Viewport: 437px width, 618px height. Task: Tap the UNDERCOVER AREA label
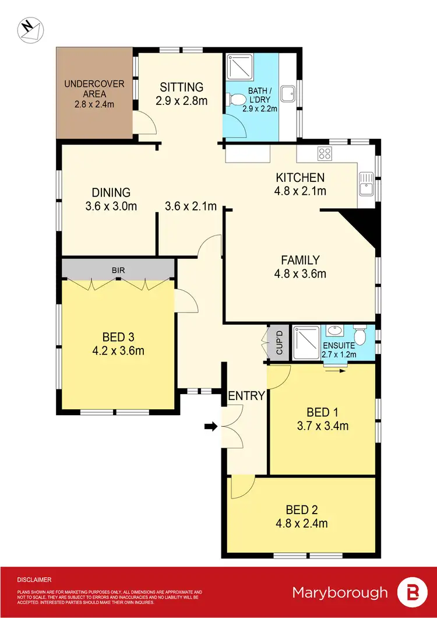[94, 89]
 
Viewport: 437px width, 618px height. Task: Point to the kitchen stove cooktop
[324, 154]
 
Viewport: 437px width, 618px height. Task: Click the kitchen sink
[365, 184]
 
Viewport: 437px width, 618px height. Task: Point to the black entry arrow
[210, 427]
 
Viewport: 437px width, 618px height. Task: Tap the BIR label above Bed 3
[119, 271]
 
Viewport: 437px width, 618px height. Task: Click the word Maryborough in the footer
[340, 592]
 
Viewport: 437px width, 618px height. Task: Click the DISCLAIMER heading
[34, 580]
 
